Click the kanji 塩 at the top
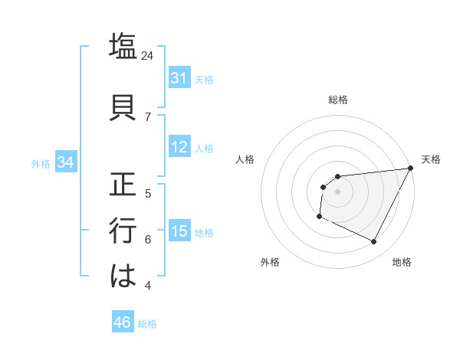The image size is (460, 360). coord(123,45)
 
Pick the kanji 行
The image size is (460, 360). coord(123,230)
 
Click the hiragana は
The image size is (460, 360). coord(123,277)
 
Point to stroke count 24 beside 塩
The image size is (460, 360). coord(147,55)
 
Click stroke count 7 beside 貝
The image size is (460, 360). coord(147,116)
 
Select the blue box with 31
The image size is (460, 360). coord(179,78)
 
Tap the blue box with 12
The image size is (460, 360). coord(179,147)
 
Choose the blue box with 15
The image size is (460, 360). coord(179,231)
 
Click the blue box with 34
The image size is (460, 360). coord(65,162)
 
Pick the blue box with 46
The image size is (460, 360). coord(122,322)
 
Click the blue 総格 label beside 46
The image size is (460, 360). coord(147,324)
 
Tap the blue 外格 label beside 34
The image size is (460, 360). coord(41,163)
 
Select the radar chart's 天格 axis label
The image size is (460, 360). coord(431,159)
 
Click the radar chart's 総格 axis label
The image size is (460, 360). coord(337,100)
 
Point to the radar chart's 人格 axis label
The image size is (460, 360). coord(245,159)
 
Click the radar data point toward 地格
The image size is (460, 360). coord(374,242)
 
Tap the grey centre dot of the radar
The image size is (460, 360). coord(337,191)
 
